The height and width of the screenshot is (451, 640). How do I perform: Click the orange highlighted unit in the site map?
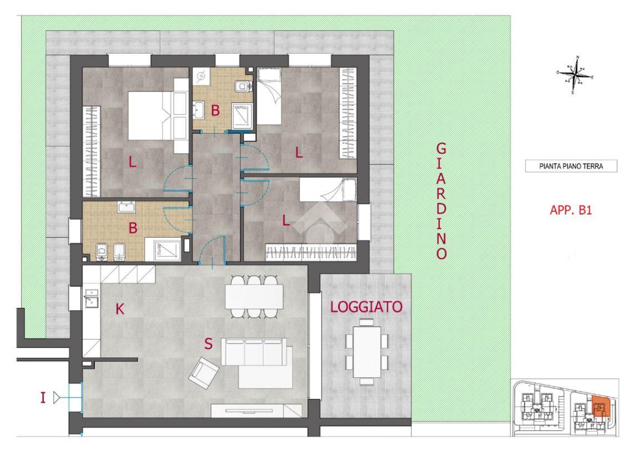(599, 407)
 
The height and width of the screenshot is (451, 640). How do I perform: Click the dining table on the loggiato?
(366, 351)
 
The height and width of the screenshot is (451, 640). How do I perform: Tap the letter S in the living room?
(208, 344)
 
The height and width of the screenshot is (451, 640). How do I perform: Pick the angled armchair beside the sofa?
(203, 372)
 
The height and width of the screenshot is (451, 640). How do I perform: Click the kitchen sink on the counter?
(91, 301)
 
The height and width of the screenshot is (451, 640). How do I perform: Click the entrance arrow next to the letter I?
(56, 397)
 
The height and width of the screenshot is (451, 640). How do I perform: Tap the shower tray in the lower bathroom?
(166, 250)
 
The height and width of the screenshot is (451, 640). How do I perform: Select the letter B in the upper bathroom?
(215, 111)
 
